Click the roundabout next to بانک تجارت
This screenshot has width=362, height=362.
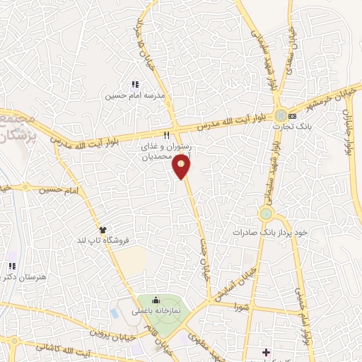click(281, 115)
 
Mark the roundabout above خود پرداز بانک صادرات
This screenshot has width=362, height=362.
click(266, 214)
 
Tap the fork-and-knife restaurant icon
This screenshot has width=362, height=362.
click(166, 134)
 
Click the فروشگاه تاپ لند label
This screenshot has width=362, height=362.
click(103, 240)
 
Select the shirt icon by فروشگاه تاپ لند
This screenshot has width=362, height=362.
click(103, 230)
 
